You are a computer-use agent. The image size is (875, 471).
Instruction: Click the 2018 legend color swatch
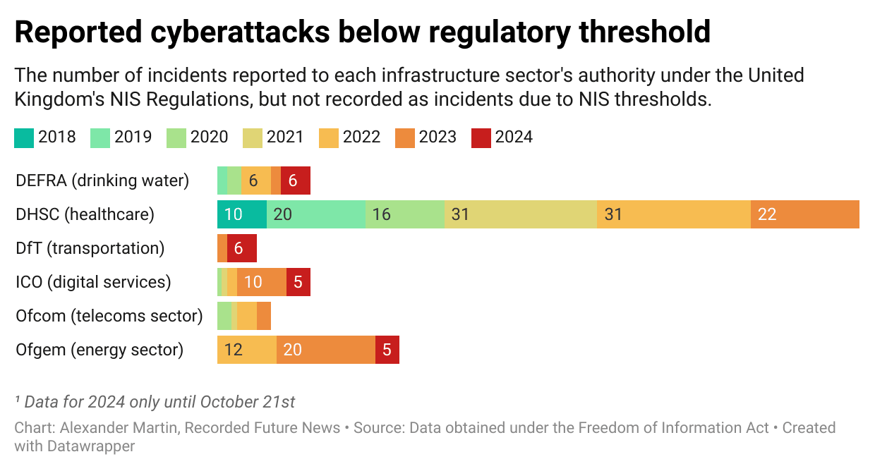click(24, 137)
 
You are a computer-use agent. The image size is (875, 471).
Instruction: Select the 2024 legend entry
click(503, 137)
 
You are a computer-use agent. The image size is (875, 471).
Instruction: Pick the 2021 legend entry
click(274, 137)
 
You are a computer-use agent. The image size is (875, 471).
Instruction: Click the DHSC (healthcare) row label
click(85, 214)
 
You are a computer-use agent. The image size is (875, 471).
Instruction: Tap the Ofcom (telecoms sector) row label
click(109, 316)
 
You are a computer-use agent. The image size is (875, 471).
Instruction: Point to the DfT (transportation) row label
click(90, 248)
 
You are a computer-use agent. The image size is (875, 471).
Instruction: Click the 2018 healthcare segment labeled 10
click(241, 214)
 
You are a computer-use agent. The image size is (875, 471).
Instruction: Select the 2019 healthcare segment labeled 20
click(315, 214)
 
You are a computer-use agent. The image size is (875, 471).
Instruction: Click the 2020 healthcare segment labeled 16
click(404, 214)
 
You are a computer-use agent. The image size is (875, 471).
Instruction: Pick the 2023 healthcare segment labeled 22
click(804, 214)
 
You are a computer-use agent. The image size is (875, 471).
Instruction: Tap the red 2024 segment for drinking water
click(295, 181)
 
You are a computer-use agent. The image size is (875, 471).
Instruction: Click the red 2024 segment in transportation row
click(241, 248)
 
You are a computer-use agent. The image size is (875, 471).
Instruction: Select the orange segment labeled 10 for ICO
click(261, 282)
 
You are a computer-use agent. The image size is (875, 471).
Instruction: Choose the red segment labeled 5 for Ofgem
click(387, 350)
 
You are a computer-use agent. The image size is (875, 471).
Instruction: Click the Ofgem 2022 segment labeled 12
click(246, 350)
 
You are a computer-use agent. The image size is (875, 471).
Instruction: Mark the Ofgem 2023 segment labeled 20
click(325, 350)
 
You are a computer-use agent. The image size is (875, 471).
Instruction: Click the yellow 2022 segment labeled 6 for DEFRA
click(255, 181)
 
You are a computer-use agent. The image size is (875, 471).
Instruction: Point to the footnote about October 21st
click(155, 402)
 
